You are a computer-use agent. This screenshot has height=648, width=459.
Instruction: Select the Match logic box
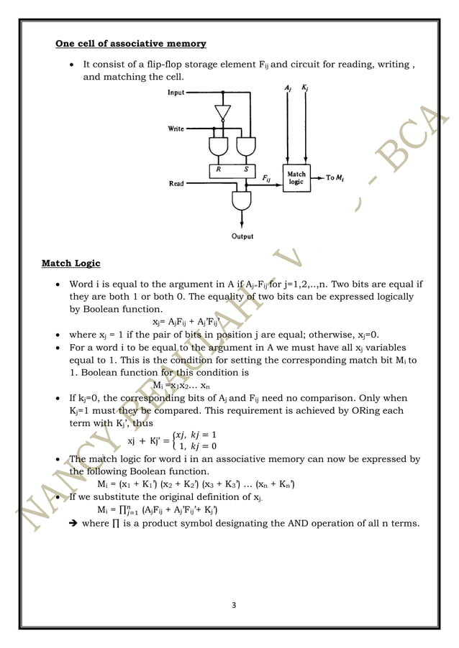pyautogui.click(x=296, y=178)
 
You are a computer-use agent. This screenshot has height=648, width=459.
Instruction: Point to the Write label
pyautogui.click(x=176, y=129)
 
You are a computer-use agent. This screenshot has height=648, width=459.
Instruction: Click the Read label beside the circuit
pyautogui.click(x=176, y=184)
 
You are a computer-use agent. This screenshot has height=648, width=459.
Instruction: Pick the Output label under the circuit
pyautogui.click(x=241, y=236)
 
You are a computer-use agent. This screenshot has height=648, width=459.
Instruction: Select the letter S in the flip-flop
pyautogui.click(x=246, y=170)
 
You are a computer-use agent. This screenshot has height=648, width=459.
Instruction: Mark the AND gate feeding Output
pyautogui.click(x=241, y=200)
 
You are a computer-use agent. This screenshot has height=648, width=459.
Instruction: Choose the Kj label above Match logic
pyautogui.click(x=305, y=88)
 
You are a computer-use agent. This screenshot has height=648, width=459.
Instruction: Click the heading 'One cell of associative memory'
pyautogui.click(x=131, y=44)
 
